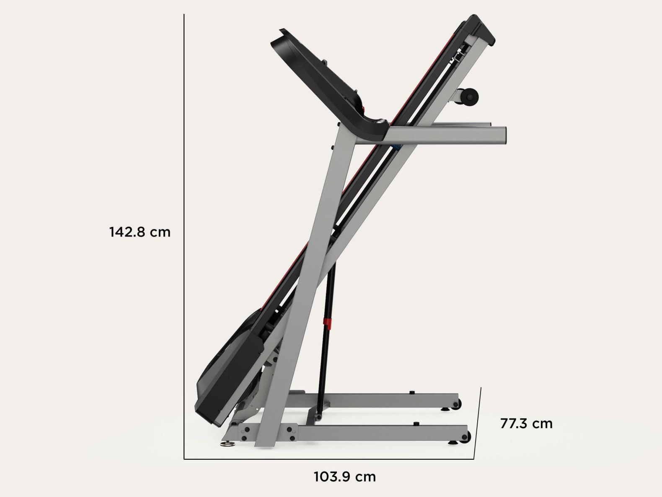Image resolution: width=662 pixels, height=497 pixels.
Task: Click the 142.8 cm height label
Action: click(x=140, y=232)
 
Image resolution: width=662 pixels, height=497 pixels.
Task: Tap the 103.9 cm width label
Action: click(x=345, y=477)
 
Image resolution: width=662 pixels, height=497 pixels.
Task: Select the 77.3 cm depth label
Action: click(x=526, y=424)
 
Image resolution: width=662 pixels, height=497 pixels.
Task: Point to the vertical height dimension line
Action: click(x=184, y=235)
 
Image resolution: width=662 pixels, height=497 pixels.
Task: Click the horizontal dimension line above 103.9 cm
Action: click(x=327, y=459)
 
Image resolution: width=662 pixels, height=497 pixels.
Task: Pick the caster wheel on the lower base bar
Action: click(x=465, y=436)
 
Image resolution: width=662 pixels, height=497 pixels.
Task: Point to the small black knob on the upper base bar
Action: click(x=411, y=392)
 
